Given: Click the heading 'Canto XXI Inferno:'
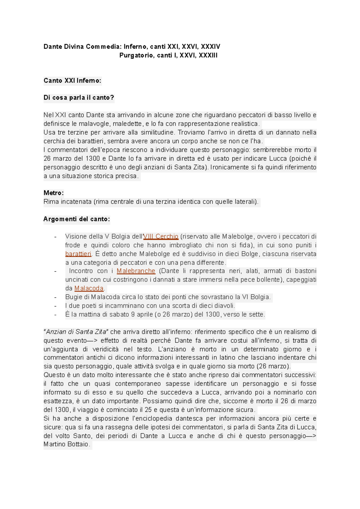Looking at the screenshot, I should [x=72, y=81].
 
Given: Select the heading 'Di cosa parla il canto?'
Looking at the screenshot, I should [x=79, y=98].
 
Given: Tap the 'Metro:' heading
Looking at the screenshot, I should [x=53, y=193].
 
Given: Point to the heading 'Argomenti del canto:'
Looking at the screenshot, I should [x=76, y=219].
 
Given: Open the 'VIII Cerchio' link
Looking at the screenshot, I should [x=161, y=237].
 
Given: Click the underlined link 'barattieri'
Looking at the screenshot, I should [x=78, y=254].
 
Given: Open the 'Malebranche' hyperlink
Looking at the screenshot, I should [x=136, y=271].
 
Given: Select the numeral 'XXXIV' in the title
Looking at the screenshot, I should [x=210, y=47].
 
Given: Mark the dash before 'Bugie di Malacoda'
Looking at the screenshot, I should [x=55, y=297].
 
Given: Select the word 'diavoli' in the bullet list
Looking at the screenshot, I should [x=225, y=306].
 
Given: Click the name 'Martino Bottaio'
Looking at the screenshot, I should [x=66, y=444].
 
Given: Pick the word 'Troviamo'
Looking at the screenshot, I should [x=189, y=132].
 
